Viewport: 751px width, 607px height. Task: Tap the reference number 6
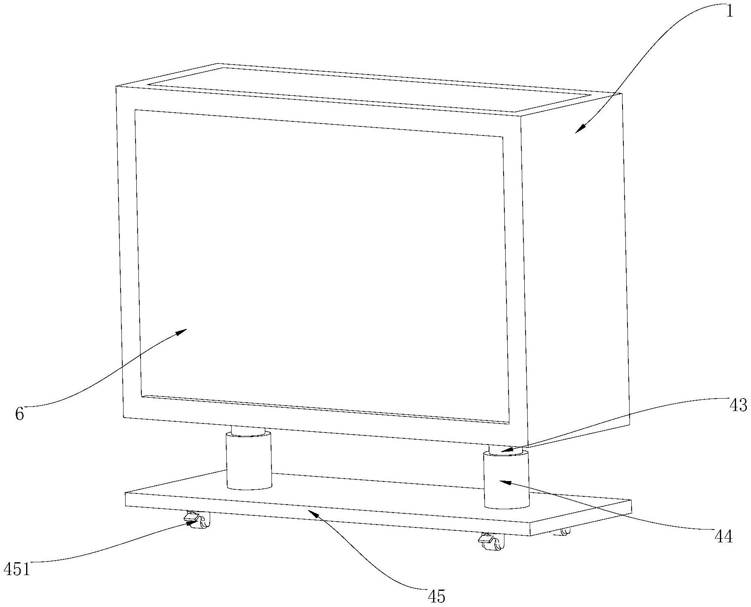[19, 414]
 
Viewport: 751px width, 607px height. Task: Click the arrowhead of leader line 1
[577, 131]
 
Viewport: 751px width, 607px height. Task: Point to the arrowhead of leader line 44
[501, 481]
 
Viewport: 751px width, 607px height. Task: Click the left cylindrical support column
[249, 460]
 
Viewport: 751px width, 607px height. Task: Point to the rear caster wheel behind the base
[565, 531]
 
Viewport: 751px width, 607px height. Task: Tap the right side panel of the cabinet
[576, 265]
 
